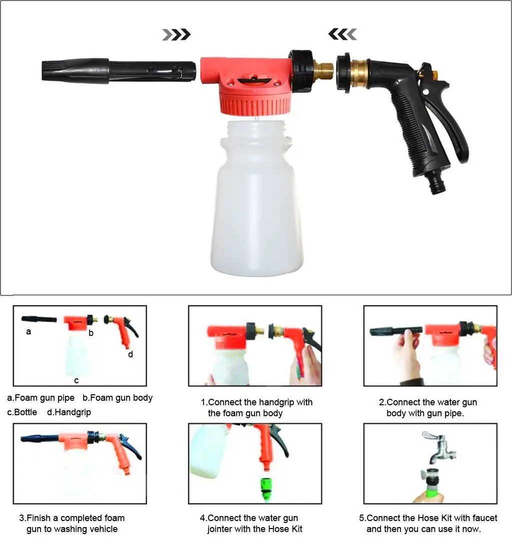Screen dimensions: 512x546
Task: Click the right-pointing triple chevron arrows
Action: point(176,34)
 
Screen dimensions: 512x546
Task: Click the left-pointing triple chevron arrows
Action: point(342,34)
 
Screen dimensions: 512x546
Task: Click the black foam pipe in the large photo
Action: point(118,71)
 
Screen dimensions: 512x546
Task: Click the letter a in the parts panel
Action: point(28,332)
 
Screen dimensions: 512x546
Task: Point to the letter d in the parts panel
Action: point(130,354)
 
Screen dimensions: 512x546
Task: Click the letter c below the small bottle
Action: point(76,381)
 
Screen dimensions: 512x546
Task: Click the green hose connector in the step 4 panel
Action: point(267,490)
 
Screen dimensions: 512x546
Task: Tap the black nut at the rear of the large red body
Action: point(300,71)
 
